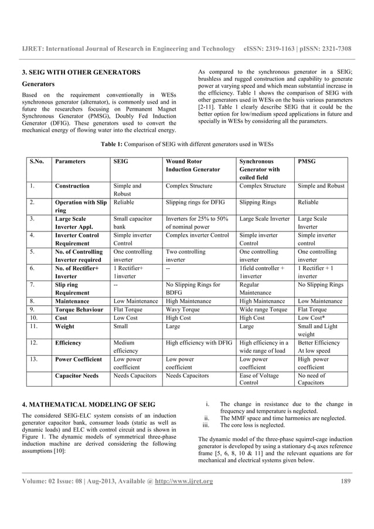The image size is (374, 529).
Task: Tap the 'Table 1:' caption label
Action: [x=114, y=144]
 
